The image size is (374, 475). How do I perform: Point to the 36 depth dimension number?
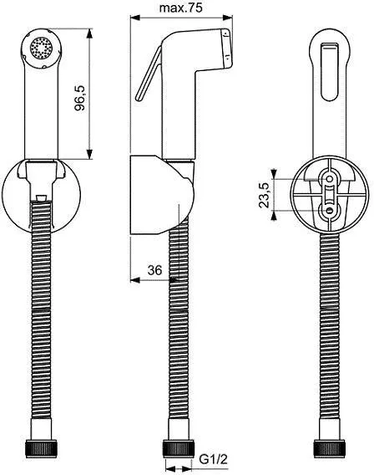154,269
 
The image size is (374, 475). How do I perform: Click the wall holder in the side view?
159,193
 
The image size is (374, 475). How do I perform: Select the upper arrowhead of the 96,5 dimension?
88,30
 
